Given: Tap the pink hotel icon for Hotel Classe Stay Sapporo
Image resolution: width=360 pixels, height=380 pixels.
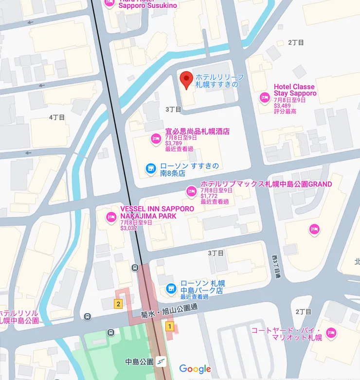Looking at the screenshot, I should (265, 98).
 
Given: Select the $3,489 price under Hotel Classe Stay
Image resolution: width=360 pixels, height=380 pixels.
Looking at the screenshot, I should (282, 106).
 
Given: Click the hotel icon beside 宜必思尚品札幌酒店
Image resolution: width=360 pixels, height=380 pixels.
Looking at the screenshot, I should (156, 138).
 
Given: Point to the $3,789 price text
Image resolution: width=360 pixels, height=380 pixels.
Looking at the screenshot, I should (173, 144).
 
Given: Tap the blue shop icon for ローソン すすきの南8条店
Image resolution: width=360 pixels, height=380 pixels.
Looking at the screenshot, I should (151, 169).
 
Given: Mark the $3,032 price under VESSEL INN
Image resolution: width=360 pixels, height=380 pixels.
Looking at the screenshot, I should (129, 228).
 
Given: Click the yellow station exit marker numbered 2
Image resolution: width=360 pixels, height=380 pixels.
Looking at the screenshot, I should (118, 304).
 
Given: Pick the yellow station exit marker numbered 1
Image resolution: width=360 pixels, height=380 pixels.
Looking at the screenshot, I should (169, 326).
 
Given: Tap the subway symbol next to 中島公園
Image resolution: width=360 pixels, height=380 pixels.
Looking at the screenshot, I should (162, 362).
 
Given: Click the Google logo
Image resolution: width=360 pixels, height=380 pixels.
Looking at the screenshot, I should (195, 369).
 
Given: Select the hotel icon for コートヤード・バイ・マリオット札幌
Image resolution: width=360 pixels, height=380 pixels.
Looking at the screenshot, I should (331, 333).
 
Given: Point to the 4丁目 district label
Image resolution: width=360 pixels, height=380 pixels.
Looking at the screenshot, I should (57, 117).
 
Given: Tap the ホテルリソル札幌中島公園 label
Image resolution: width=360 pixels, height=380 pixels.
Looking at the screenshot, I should (19, 316).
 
